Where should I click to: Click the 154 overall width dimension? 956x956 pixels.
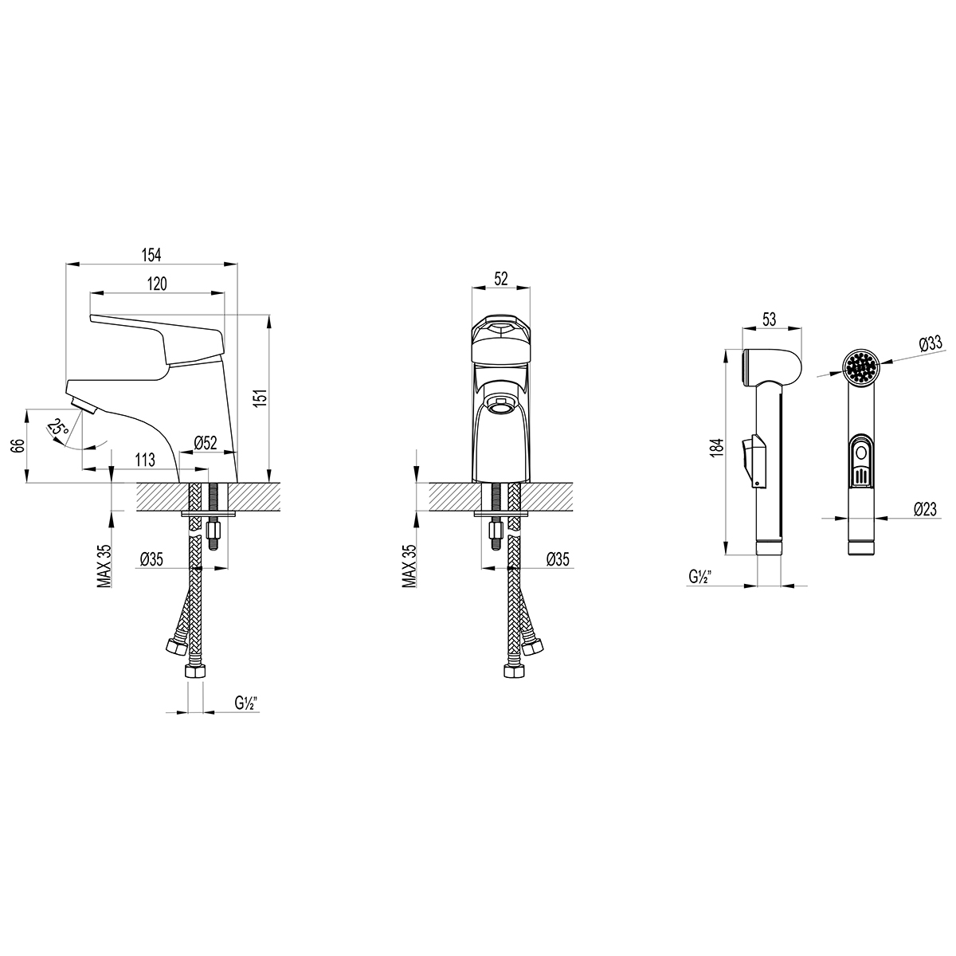point(151,255)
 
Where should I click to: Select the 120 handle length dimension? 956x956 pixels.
point(157,284)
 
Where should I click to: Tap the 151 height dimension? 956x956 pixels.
point(261,398)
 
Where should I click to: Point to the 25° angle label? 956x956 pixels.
point(58,427)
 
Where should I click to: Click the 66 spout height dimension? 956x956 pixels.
point(18,445)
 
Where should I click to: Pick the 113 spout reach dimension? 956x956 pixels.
point(145,460)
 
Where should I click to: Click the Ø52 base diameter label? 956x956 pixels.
point(206,442)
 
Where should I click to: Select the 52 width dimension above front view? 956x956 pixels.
point(501,279)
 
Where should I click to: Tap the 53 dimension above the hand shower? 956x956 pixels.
point(769,319)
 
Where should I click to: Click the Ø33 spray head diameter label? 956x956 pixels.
point(931,343)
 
